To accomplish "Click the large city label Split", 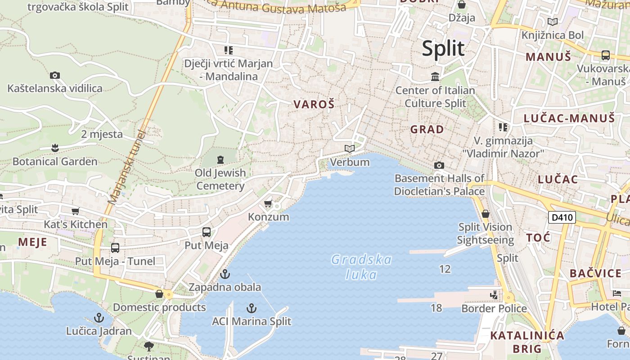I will point(443,49).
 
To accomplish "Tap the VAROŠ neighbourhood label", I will point(314,104).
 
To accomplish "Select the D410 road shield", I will point(562,218).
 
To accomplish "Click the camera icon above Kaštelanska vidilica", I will point(55,75).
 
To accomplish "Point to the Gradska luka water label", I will point(361,267).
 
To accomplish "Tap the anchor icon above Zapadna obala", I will point(225,274).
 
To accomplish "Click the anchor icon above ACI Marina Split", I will point(252,308).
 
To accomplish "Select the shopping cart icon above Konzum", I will point(268,204).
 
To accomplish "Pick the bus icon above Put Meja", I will point(207,232).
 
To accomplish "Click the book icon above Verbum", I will point(350,148).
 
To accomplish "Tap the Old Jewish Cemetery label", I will point(220,179).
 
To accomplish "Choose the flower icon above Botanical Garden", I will point(55,148).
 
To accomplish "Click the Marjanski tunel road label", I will point(127,167).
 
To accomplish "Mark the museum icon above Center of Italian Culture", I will point(435,77).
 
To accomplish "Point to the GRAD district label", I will point(427,130).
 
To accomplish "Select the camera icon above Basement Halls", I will point(439,165).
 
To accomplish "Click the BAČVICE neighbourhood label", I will point(595,274).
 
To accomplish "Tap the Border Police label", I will point(494,309).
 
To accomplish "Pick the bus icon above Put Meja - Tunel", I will point(115,248).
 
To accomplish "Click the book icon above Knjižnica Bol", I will point(553,22).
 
